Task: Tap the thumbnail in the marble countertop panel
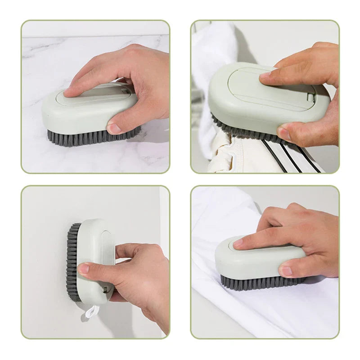[x=114, y=129]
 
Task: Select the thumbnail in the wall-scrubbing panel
[x=84, y=269]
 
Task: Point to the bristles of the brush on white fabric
[x=261, y=283]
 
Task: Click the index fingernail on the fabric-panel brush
[x=238, y=243]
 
